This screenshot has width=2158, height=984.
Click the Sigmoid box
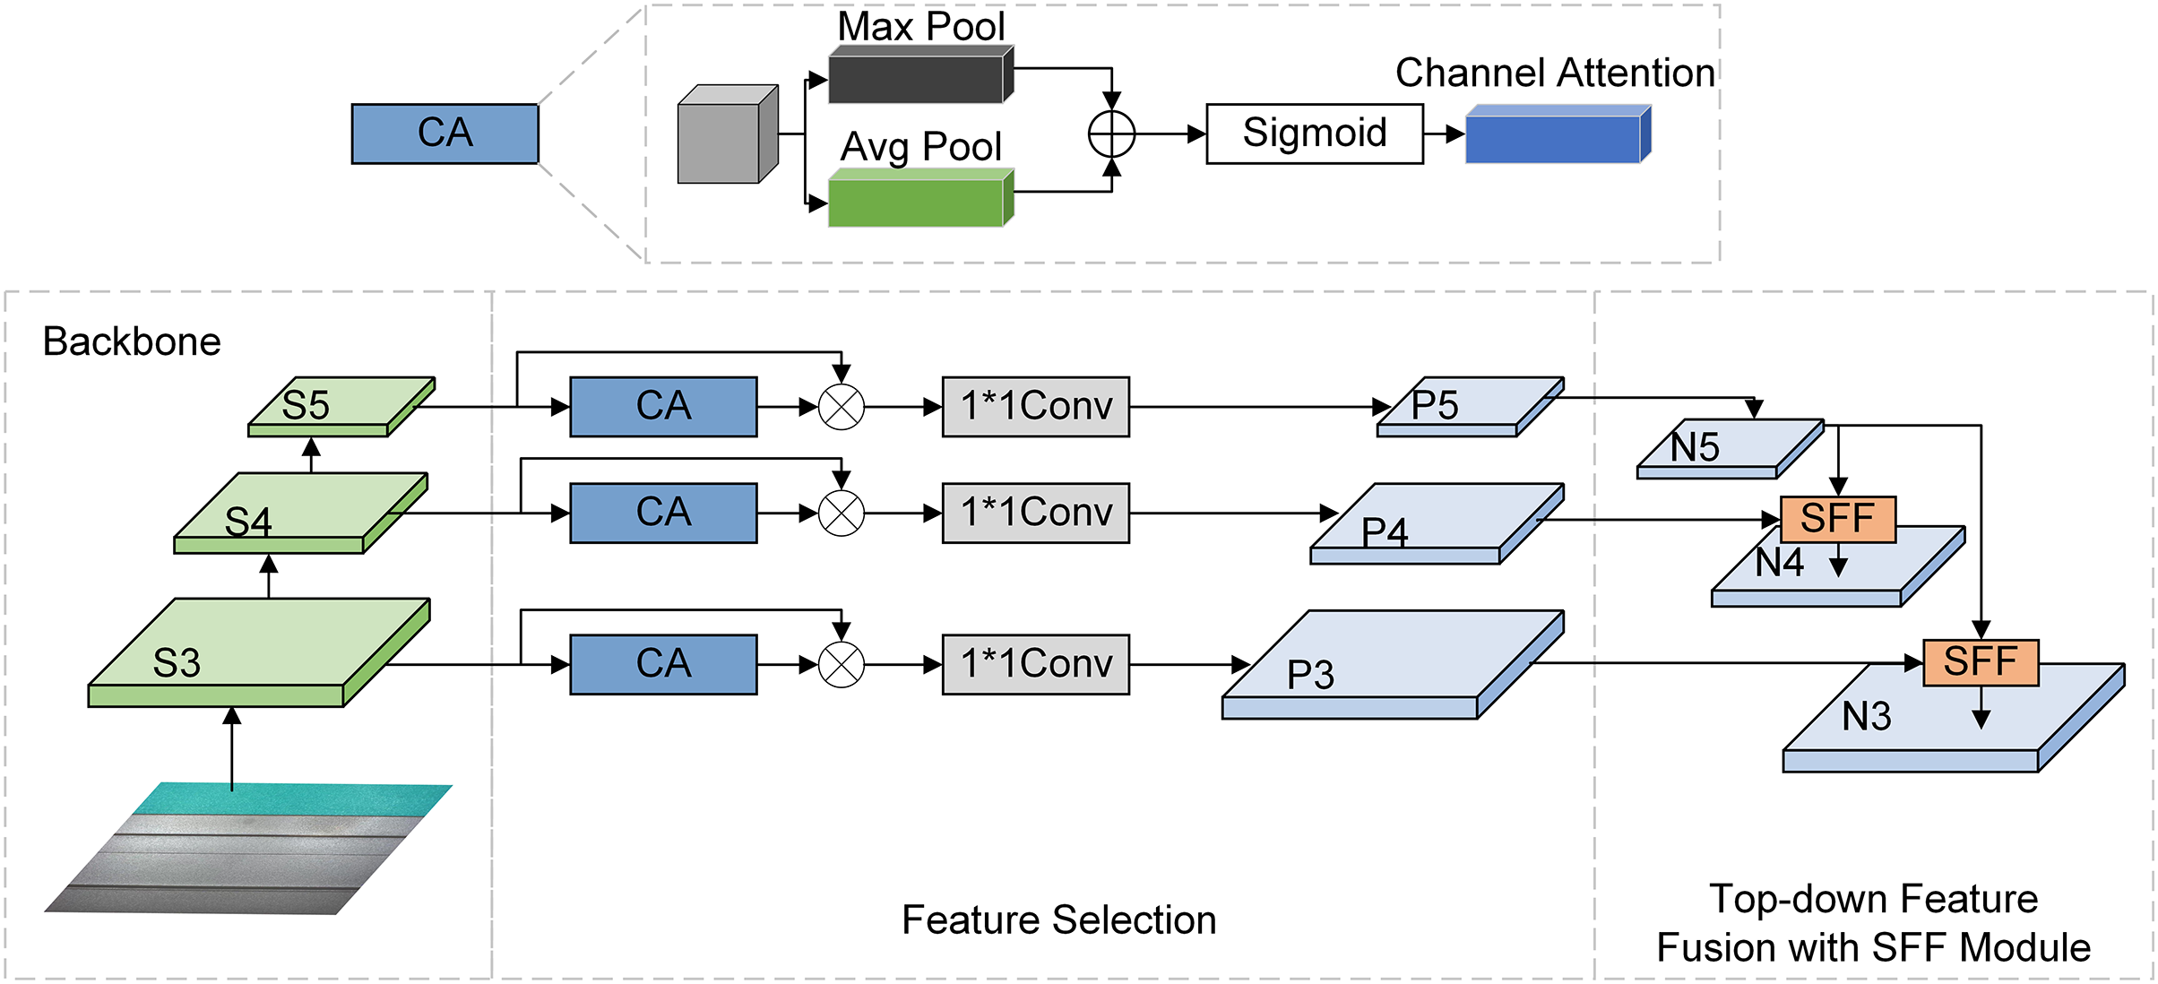[1314, 134]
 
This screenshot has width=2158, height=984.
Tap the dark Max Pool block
[919, 78]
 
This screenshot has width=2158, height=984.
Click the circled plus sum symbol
[1111, 134]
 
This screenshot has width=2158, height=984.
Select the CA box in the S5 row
[663, 407]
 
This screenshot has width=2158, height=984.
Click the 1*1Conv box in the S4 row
[1035, 514]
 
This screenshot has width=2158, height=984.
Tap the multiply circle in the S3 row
[842, 665]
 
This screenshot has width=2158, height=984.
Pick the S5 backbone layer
[341, 405]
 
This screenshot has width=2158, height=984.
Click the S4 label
[248, 522]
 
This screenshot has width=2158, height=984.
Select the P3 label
[1310, 675]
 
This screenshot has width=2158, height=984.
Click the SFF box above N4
[1837, 519]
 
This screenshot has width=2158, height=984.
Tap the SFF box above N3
[1981, 662]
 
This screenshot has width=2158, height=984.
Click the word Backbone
[132, 341]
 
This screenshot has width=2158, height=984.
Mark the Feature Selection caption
[1058, 920]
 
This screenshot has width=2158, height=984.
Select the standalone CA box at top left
[445, 134]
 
